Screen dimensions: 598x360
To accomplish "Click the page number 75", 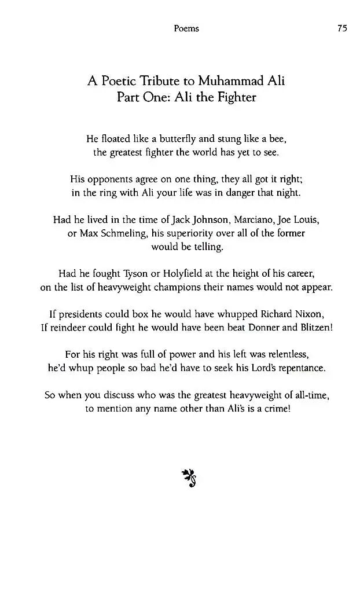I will coord(341,28).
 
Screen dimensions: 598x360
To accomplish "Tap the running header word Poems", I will coord(186,28).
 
